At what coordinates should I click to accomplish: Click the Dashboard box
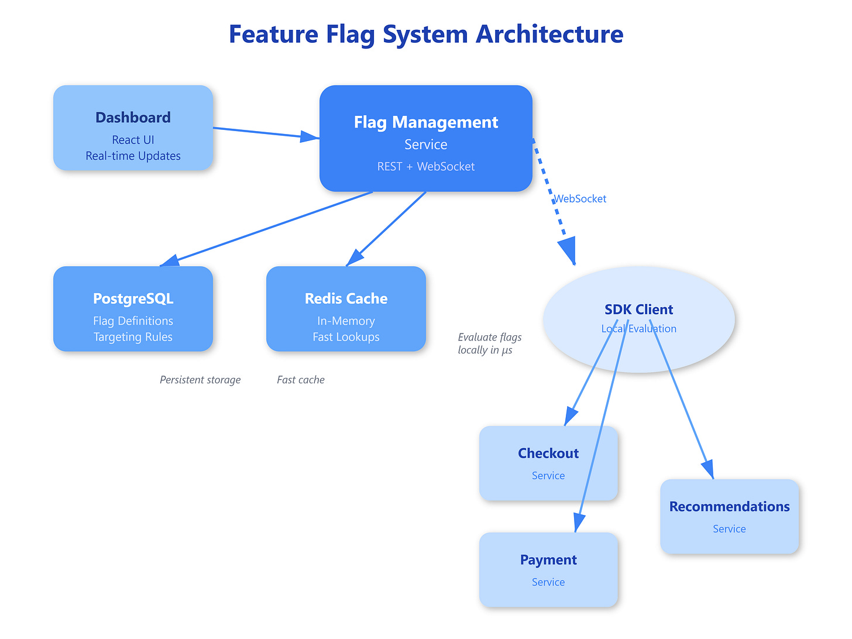[133, 128]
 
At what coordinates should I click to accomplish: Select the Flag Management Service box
[425, 139]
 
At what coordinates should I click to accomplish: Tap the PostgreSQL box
[133, 309]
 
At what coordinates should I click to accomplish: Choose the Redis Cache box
[346, 309]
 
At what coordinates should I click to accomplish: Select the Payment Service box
[548, 570]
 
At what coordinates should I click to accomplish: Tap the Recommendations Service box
[729, 517]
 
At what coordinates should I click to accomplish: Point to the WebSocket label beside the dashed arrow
[580, 199]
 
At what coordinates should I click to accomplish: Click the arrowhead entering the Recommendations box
[708, 469]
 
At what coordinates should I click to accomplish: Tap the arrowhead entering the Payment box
[579, 521]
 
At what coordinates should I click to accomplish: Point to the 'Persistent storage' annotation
[200, 380]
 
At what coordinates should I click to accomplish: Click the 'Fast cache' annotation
[301, 380]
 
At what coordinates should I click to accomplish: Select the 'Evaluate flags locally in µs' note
[489, 343]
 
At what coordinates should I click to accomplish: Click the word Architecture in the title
[549, 34]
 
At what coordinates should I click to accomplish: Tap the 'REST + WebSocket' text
[425, 167]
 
